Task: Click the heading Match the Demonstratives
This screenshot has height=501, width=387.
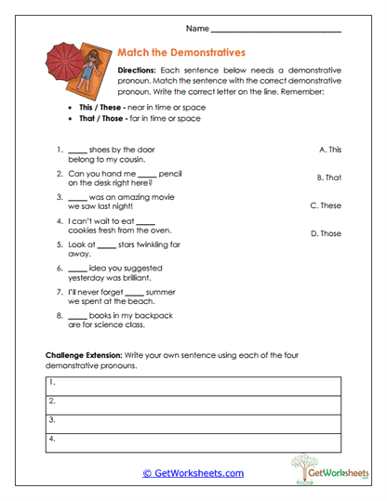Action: click(182, 53)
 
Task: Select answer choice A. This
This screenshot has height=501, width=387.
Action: click(330, 149)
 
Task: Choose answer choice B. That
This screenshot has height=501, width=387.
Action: click(329, 177)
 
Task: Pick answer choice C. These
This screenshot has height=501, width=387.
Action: click(326, 205)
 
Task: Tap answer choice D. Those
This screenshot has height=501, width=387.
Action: click(326, 233)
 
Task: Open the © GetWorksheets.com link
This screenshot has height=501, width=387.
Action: click(193, 473)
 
